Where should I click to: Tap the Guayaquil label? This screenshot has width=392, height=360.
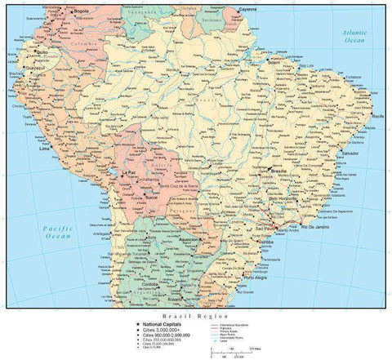pyautogui.click(x=31, y=69)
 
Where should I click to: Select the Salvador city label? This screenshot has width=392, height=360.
pyautogui.click(x=352, y=153)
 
